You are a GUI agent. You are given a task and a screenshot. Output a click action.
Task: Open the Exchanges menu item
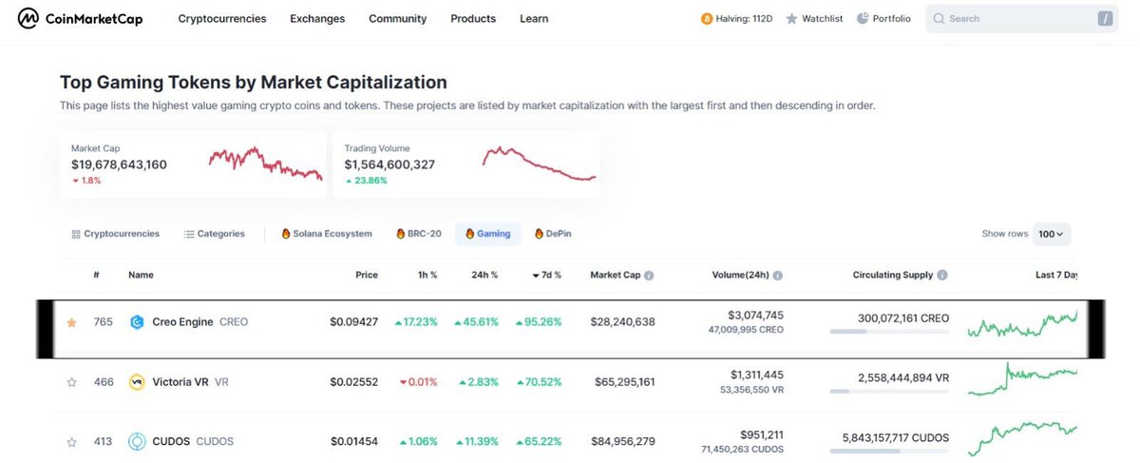click(317, 19)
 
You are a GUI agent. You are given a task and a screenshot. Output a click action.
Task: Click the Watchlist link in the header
click(815, 19)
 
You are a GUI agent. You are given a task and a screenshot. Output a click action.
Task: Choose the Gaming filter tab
click(488, 234)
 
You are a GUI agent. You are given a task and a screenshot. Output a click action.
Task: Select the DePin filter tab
click(553, 234)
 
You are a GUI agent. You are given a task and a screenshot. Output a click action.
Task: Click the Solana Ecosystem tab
click(327, 234)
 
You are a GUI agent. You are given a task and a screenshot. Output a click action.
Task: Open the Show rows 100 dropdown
click(1052, 234)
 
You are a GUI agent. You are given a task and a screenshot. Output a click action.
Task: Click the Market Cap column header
click(616, 276)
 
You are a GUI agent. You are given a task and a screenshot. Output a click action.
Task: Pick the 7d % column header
click(546, 276)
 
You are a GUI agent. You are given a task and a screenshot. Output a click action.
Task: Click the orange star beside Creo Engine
click(71, 322)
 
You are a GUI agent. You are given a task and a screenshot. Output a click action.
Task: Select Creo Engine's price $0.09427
click(353, 322)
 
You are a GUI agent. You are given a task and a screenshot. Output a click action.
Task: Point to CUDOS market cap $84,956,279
click(622, 442)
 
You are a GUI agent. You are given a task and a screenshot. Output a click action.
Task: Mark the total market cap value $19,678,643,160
click(119, 165)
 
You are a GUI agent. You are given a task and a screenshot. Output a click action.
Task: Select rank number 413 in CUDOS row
click(104, 442)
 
